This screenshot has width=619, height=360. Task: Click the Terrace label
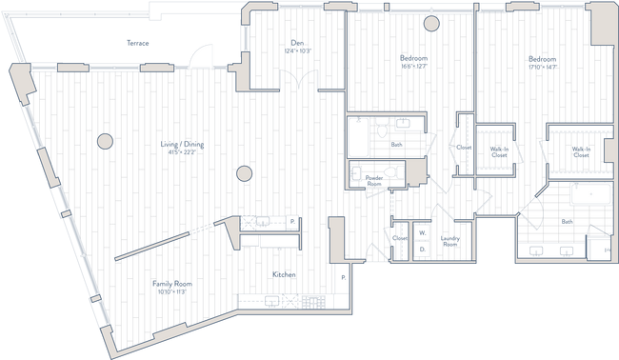click(x=139, y=43)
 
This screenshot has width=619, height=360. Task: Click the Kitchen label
click(x=281, y=274)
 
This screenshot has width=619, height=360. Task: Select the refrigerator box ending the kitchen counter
click(x=290, y=222)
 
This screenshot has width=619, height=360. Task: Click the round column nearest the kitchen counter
click(x=244, y=173)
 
